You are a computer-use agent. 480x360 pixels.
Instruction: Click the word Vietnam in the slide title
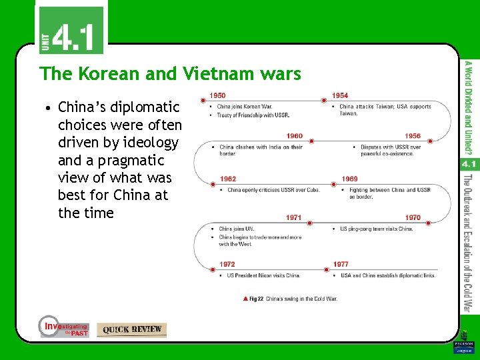coord(214,73)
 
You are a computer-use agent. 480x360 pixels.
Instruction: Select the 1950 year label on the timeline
coord(217,96)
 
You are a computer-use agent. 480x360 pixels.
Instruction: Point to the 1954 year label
coord(340,96)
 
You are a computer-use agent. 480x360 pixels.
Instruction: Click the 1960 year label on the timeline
coord(294,136)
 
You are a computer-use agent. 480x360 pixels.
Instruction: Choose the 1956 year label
coord(413,136)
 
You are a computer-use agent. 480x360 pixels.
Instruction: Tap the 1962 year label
coord(228,179)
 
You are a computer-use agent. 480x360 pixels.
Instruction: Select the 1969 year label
coord(349,179)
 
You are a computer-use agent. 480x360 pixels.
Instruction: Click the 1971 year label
coord(294,217)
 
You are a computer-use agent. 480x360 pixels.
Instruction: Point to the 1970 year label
coord(413,217)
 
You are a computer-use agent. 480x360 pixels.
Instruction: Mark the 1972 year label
coord(228,264)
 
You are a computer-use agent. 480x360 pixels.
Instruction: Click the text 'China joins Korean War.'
coord(245,107)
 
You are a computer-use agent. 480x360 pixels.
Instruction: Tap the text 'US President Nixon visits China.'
coord(263,275)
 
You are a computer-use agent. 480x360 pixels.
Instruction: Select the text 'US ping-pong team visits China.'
coord(377,229)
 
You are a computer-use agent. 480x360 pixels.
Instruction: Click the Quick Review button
coord(131,329)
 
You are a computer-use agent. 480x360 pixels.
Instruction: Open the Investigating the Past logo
coord(63,327)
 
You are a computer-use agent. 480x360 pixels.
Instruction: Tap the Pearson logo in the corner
coord(463,346)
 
